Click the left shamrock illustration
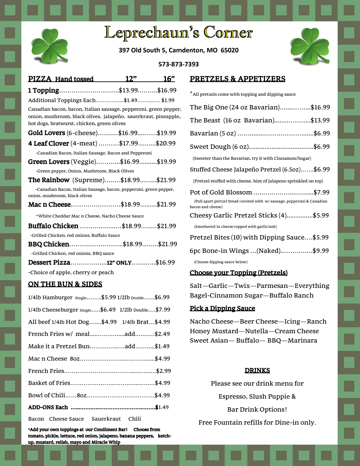(49, 46)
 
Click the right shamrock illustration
(309, 46)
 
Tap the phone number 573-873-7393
(178, 64)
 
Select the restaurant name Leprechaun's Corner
(178, 33)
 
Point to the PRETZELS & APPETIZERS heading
(237, 79)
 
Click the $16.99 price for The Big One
(320, 107)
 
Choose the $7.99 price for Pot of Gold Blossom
(321, 192)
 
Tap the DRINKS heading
(257, 371)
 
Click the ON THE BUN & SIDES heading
(65, 284)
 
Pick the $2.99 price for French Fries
(163, 371)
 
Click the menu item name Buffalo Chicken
(53, 226)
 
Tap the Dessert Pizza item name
(49, 263)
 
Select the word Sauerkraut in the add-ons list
(106, 419)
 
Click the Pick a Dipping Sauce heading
(222, 309)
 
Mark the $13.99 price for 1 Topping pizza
(128, 90)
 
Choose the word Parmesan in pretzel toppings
(272, 286)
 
